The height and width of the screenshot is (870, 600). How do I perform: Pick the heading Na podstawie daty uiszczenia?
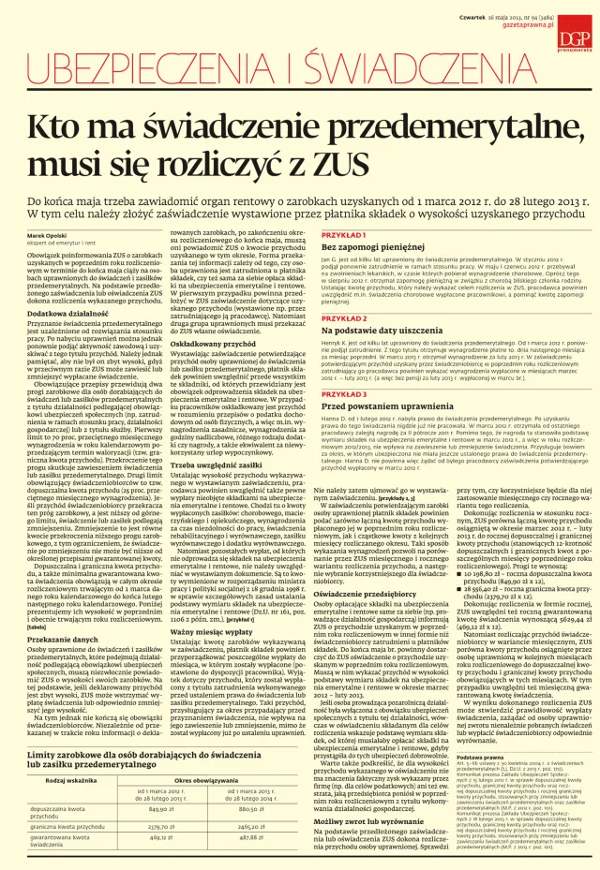point(371,331)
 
